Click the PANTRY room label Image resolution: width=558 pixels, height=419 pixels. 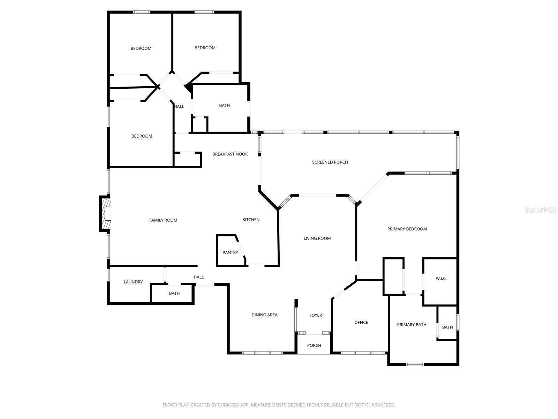point(230,252)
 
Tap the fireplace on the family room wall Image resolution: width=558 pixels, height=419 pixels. point(106,214)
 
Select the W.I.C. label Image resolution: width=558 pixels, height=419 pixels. point(441,278)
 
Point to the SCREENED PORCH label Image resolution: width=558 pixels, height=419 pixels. point(330,162)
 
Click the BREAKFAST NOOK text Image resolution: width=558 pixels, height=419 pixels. point(230,154)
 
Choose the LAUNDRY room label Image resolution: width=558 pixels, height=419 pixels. point(133,282)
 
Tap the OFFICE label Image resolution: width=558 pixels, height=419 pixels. point(361,322)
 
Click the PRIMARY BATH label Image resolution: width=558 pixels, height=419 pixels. point(412,324)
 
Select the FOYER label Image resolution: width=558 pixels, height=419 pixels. point(316,315)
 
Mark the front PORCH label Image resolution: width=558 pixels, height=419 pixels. point(314,345)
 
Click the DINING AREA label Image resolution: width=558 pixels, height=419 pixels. point(264,315)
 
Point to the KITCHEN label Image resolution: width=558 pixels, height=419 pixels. point(251,220)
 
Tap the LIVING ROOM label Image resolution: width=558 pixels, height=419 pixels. point(317,238)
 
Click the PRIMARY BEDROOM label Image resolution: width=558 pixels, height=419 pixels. point(407,229)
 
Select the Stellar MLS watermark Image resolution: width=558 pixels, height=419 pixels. point(541,209)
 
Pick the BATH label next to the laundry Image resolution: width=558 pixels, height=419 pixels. point(174,293)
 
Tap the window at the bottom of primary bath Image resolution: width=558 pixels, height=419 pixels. point(415,365)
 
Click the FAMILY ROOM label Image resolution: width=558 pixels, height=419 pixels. point(163,220)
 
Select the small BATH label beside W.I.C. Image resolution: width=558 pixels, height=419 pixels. point(447,327)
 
